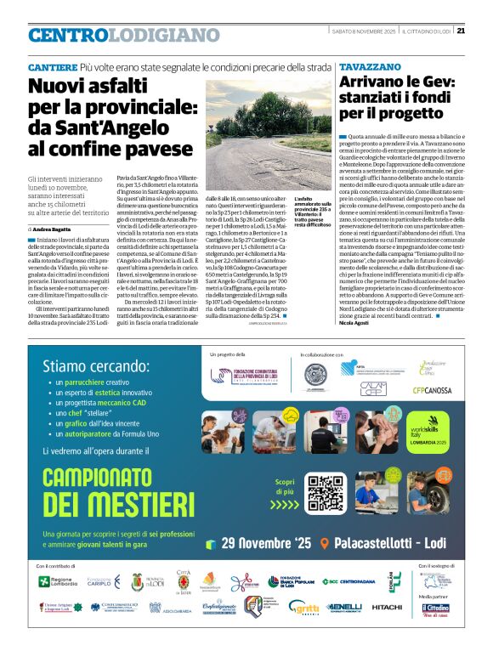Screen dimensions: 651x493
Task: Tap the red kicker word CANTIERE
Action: click(52, 66)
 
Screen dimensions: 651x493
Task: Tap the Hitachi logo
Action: click(387, 607)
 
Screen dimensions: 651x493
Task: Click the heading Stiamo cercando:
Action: click(95, 368)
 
